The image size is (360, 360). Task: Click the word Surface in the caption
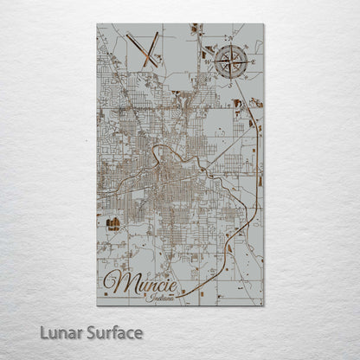pos(112,332)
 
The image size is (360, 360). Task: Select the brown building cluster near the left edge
pos(112,224)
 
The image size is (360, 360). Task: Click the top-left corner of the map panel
pos(97,24)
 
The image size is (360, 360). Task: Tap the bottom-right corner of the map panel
pos(264,305)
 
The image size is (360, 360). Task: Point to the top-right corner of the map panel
pos(264,24)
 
